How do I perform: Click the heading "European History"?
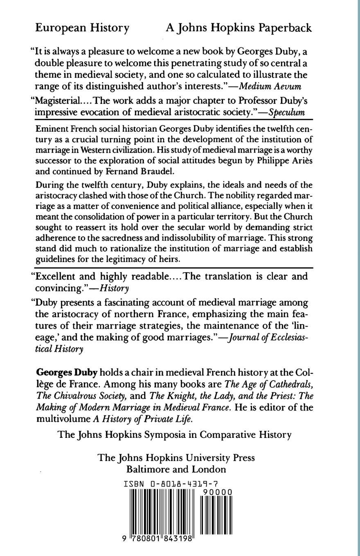[82, 28]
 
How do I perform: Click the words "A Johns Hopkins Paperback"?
[239, 28]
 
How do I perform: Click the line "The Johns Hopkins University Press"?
[176, 457]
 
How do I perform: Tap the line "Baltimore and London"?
[176, 469]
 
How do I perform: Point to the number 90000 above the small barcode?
[217, 492]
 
